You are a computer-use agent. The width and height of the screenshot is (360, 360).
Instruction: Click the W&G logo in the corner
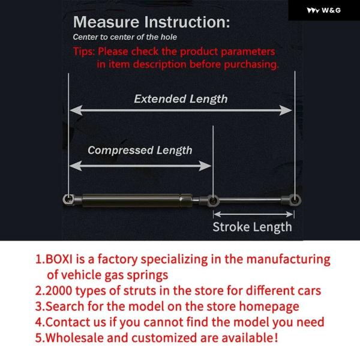click(x=324, y=10)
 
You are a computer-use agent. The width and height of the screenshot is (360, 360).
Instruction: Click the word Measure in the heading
click(x=106, y=22)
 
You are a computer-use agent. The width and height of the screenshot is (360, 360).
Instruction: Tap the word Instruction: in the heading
click(x=187, y=22)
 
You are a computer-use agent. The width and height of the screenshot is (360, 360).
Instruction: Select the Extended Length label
click(x=181, y=99)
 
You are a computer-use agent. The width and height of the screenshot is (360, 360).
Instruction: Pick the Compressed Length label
click(x=140, y=151)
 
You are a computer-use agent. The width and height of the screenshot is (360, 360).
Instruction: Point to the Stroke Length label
click(x=253, y=227)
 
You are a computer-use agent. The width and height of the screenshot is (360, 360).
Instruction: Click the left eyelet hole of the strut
click(x=68, y=199)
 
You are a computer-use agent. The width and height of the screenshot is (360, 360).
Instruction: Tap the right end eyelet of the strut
click(x=295, y=200)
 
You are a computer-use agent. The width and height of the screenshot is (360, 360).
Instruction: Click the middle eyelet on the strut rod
click(x=213, y=200)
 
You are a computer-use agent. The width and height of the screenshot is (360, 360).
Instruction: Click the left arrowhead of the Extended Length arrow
click(x=76, y=110)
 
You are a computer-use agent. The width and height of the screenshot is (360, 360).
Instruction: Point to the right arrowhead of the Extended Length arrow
click(x=286, y=110)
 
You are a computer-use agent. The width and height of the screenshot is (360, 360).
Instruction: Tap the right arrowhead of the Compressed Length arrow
click(x=205, y=166)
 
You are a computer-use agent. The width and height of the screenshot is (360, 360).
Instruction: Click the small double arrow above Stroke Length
click(x=253, y=214)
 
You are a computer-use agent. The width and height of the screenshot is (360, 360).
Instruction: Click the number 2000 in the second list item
click(x=59, y=290)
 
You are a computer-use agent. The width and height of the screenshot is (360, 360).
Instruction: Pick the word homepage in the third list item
click(x=269, y=307)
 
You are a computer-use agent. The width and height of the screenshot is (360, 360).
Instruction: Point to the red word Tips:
click(x=84, y=52)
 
